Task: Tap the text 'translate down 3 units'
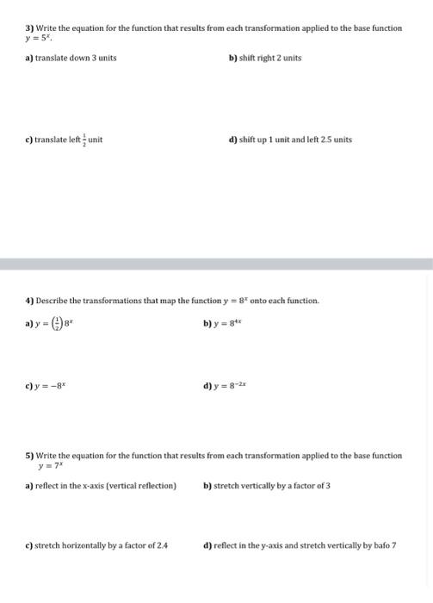tap(76, 58)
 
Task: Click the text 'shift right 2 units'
tap(269, 58)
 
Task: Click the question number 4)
tap(29, 301)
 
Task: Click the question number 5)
tap(29, 456)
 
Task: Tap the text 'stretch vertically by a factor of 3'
tap(271, 486)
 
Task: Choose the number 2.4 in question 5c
tap(161, 545)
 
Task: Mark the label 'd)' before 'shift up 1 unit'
tap(232, 140)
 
